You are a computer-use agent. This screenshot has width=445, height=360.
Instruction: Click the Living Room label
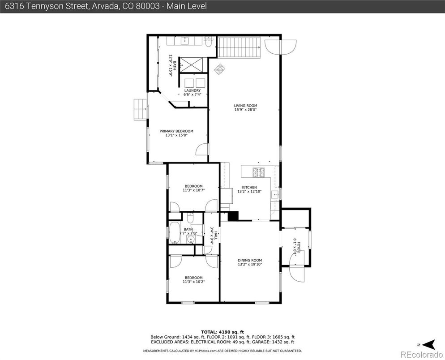pos(245,106)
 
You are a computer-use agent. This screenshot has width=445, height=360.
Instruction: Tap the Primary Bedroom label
pos(176,131)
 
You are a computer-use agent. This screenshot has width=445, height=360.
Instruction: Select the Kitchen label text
pos(249,187)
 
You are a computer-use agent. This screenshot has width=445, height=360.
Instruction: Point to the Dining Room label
pos(249,260)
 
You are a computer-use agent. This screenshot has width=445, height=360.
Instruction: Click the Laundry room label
pos(192,90)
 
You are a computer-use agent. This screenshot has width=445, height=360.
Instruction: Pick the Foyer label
pos(296,248)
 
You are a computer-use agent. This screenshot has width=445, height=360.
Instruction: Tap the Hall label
pos(215,234)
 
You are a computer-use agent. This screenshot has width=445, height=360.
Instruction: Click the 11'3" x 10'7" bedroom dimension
pos(193,190)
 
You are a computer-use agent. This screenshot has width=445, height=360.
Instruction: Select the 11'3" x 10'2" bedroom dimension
pos(193,282)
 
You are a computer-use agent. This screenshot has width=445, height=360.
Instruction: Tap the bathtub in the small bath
pos(173,233)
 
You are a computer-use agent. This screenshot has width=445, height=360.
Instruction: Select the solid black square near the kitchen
pos(233,216)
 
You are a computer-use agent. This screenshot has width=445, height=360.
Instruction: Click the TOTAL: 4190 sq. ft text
pos(222,332)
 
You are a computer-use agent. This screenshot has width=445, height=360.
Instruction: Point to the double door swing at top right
pos(280,46)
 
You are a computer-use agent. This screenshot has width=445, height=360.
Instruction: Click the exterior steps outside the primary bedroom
pos(140,110)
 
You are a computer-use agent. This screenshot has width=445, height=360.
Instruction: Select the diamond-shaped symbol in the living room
pos(219,69)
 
